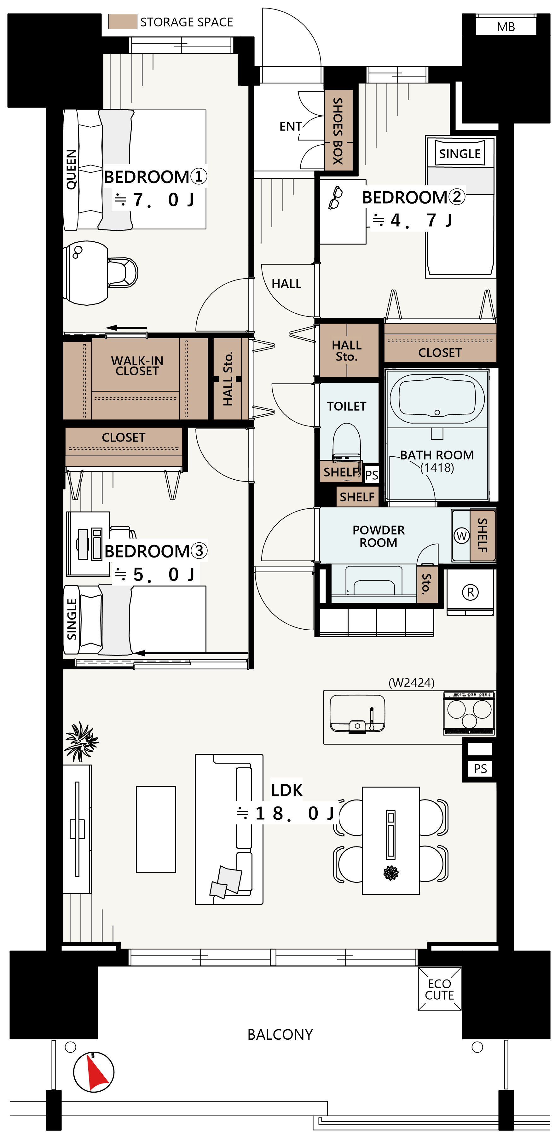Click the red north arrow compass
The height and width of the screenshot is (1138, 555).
(94, 1072)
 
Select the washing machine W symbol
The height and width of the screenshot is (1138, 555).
(461, 536)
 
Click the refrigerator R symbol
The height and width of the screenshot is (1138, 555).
(470, 592)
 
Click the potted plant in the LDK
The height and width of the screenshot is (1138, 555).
(81, 742)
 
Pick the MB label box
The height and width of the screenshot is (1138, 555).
(506, 26)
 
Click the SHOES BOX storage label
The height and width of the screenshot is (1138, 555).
(338, 131)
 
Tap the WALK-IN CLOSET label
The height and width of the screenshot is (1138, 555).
(137, 366)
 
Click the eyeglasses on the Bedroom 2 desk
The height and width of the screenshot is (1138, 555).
(335, 198)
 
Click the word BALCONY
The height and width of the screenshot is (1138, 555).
(280, 1035)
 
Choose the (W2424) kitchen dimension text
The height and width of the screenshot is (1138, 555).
(411, 683)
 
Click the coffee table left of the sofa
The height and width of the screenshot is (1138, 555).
(156, 829)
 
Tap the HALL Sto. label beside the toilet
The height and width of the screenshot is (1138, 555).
(347, 351)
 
